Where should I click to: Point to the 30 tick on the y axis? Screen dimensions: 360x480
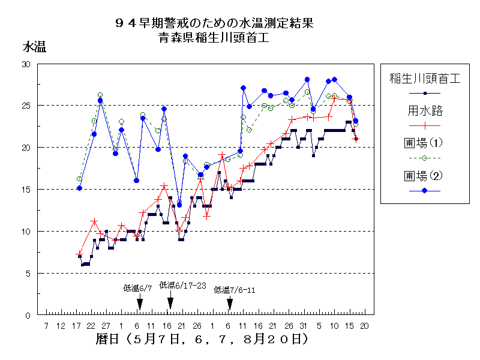(26, 64)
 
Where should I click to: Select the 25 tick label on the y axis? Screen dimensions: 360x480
(26, 106)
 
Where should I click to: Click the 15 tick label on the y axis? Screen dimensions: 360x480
(26, 190)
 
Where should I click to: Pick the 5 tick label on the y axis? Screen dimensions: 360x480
(28, 274)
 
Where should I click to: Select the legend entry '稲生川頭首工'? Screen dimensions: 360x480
(424, 78)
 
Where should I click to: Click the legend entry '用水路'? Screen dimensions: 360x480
(424, 110)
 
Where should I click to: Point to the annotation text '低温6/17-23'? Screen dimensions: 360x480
(182, 286)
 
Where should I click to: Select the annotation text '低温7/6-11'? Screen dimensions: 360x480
(235, 290)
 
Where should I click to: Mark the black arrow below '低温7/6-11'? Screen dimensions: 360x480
(229, 303)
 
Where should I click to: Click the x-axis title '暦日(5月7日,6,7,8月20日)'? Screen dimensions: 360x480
(202, 340)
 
